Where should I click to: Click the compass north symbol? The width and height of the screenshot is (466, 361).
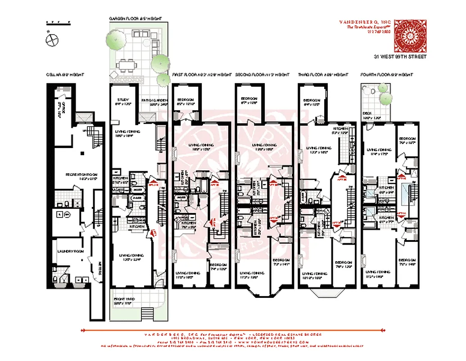(x=52, y=39)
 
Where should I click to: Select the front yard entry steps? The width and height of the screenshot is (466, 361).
(x=147, y=312)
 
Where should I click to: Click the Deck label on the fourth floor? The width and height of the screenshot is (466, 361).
(x=366, y=114)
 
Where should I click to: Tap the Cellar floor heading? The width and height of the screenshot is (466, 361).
(x=64, y=74)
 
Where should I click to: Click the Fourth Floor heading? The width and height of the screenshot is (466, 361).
(x=386, y=74)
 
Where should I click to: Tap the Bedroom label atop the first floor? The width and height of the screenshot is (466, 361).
(x=185, y=100)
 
